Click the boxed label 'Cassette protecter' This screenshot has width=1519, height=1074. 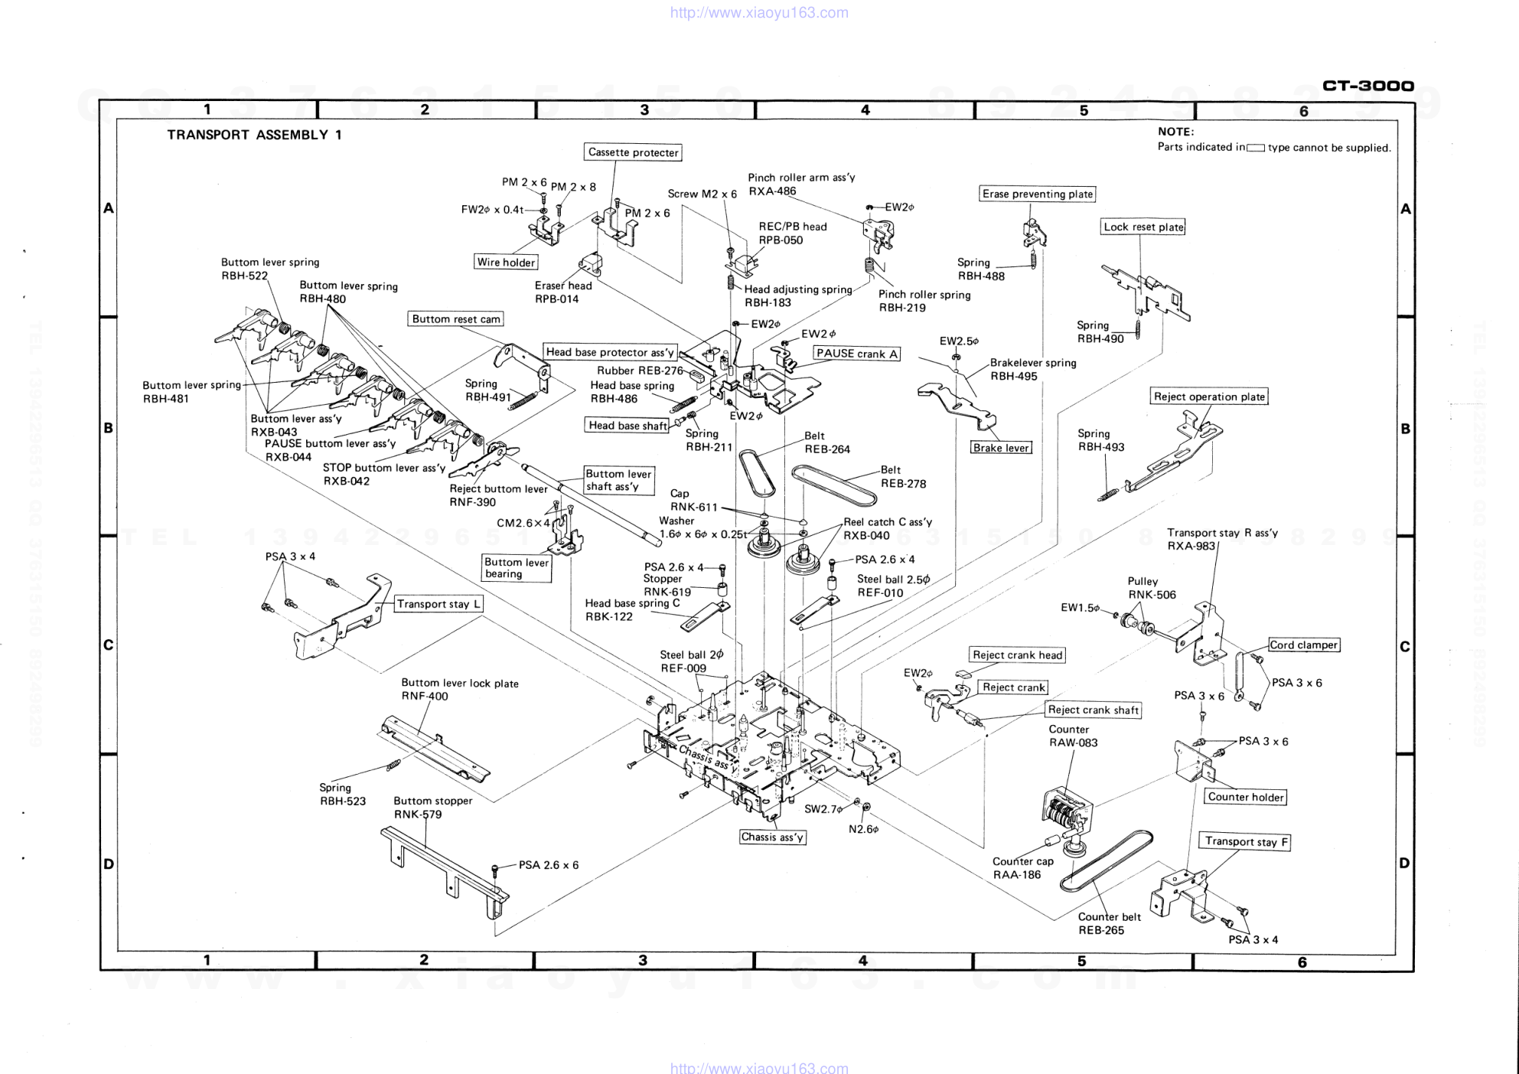633,152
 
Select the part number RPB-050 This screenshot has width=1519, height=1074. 781,240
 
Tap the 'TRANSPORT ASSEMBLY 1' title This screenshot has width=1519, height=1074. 254,135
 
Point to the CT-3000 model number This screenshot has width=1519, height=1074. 1368,86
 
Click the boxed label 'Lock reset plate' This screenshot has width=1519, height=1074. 1143,227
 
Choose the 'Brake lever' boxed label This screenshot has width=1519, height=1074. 1001,448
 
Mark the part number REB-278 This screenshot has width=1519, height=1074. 903,484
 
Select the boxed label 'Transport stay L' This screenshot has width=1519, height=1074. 438,604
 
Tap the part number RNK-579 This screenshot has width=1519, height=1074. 418,814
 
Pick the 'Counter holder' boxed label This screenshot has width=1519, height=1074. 1245,797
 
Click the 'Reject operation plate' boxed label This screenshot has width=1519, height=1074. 1209,397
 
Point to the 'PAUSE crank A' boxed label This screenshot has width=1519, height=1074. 856,354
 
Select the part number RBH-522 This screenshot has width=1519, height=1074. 245,276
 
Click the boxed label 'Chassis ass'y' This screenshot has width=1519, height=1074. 772,837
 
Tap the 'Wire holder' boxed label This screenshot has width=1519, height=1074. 506,263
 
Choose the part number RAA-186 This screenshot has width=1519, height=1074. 1017,875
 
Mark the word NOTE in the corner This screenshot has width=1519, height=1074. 1175,132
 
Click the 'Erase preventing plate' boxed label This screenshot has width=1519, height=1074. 1037,194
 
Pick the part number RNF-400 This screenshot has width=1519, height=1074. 425,697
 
